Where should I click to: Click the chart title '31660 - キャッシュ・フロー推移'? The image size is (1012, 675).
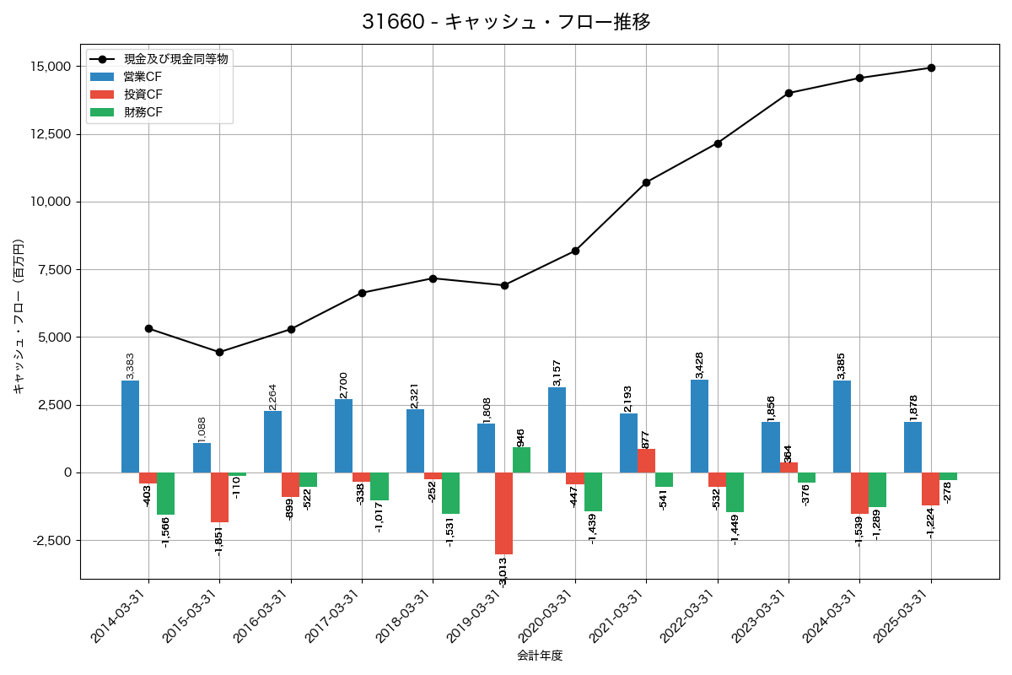point(506,22)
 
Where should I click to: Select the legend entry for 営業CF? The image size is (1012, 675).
point(142,77)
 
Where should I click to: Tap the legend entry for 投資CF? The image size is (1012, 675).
point(142,94)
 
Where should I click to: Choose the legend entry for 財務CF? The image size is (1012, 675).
point(142,112)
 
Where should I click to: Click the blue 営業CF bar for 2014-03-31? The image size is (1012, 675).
point(130,426)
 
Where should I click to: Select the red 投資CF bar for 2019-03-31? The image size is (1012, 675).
point(503,513)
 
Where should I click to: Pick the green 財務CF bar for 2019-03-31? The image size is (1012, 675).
point(521,460)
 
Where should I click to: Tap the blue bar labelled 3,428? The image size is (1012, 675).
point(699,426)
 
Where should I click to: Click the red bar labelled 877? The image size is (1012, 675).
point(646,461)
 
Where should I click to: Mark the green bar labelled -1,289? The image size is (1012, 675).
point(877,489)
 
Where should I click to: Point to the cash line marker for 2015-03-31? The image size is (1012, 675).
point(219,352)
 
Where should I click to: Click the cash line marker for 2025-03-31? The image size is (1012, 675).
point(930,67)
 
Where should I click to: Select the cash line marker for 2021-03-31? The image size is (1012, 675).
point(646,182)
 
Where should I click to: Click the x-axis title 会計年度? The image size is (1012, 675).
point(540,656)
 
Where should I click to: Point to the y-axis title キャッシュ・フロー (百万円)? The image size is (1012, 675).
point(19,316)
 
